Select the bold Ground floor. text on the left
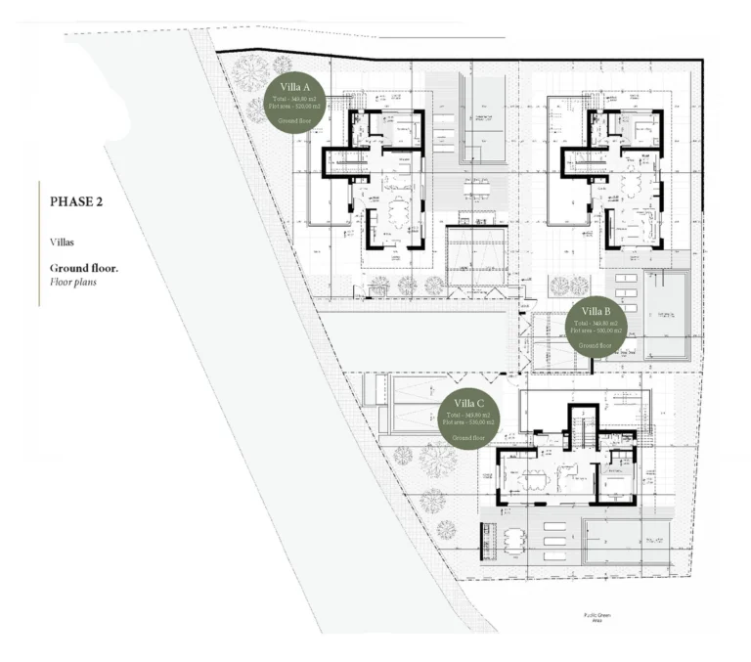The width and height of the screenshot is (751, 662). click(84, 267)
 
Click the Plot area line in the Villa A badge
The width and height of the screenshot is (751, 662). click(294, 107)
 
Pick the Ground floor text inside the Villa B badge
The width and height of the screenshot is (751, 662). click(595, 345)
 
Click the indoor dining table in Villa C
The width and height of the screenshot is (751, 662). click(533, 478)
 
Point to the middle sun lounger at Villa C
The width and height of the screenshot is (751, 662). click(553, 539)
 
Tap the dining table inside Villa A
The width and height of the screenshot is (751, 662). click(398, 212)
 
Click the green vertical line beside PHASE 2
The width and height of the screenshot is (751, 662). click(39, 243)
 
